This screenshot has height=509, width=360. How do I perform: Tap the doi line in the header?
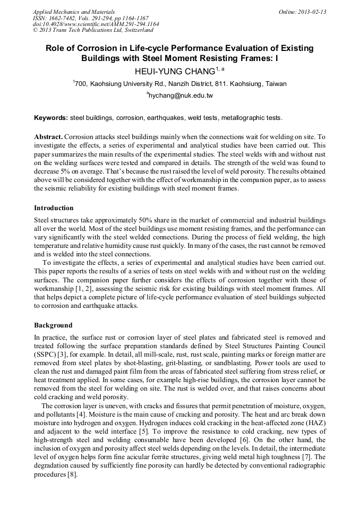(x=96, y=24)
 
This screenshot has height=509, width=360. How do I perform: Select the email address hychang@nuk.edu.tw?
(x=181, y=96)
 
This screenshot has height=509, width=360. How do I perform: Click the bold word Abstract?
(x=48, y=136)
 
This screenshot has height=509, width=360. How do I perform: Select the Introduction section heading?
(x=54, y=208)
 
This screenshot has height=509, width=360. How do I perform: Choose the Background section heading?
(x=53, y=325)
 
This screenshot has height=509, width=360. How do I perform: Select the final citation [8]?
(x=71, y=475)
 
